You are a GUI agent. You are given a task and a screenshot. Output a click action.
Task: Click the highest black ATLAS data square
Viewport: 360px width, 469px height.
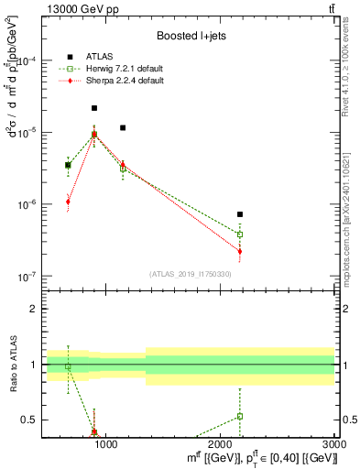[94, 108]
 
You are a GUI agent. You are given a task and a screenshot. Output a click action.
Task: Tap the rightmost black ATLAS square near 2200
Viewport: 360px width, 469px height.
[240, 214]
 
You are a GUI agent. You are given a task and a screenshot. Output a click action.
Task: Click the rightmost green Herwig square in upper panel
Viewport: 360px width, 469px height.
[240, 234]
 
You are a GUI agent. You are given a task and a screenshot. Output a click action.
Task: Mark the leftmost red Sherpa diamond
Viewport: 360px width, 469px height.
[68, 202]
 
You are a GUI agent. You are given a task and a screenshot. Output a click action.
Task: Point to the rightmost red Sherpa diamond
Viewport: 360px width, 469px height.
[240, 251]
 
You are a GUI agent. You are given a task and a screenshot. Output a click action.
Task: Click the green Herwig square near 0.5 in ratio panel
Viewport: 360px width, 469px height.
[240, 416]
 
